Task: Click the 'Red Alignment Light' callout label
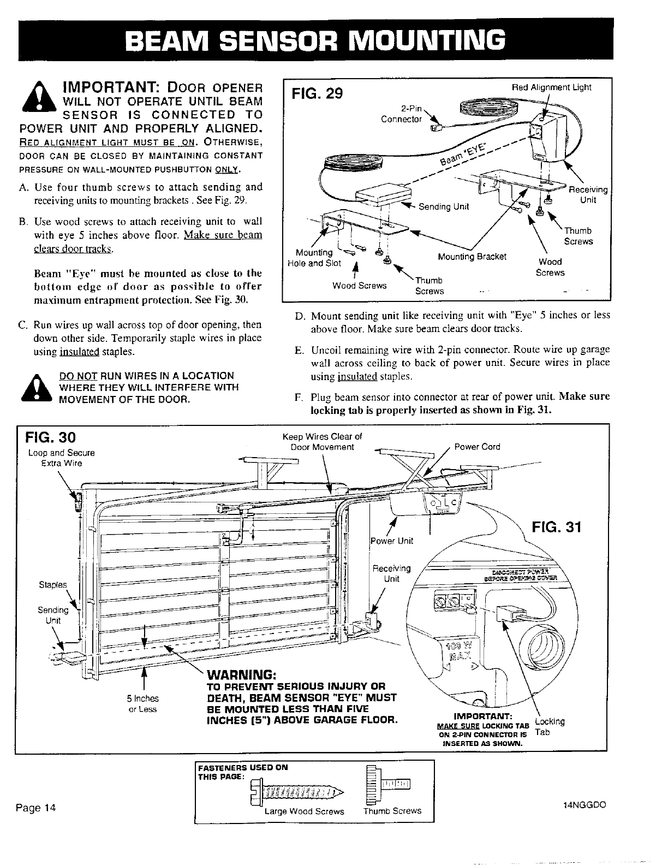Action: pos(551,87)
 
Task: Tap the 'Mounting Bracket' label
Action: pos(472,257)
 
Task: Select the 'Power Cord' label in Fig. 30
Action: pos(476,447)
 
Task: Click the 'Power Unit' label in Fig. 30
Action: pos(391,541)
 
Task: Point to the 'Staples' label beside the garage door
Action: pos(52,585)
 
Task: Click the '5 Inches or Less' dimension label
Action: pos(142,703)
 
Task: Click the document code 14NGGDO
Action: pos(584,805)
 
